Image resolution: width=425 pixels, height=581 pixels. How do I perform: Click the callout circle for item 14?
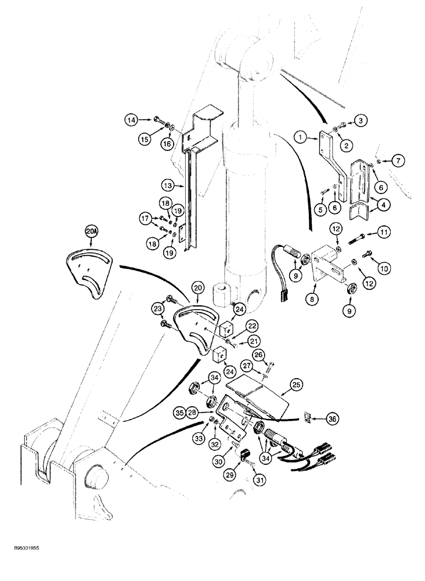pos(132,120)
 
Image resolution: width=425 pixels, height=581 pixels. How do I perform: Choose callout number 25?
pos(298,384)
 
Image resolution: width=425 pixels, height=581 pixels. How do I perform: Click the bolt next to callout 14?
pos(160,120)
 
